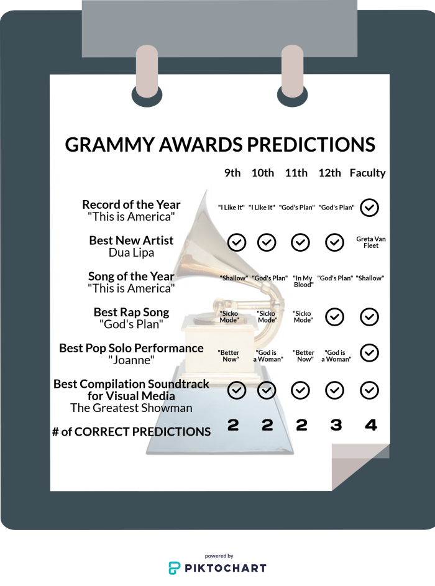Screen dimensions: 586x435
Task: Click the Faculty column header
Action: click(x=367, y=173)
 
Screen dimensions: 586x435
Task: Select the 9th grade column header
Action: click(x=232, y=173)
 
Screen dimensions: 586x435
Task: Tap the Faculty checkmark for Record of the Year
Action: click(x=370, y=207)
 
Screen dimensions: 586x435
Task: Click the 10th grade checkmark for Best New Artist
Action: click(x=267, y=242)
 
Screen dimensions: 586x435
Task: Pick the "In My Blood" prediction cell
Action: click(x=303, y=282)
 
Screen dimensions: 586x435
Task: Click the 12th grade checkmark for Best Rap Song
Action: click(x=335, y=317)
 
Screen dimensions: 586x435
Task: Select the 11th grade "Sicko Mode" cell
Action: click(x=303, y=317)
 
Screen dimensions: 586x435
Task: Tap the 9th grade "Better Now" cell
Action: click(x=229, y=355)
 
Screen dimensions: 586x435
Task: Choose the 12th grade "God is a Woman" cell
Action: click(x=336, y=355)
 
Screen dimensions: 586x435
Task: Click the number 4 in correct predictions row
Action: click(x=371, y=425)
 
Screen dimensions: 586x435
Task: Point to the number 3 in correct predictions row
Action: click(x=336, y=425)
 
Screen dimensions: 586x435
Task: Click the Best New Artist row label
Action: click(x=131, y=240)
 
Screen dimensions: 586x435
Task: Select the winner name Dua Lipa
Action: click(x=131, y=252)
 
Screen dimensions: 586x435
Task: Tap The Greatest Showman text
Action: click(x=131, y=408)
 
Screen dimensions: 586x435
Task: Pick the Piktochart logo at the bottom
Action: click(x=218, y=567)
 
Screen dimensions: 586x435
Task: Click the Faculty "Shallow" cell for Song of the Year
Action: click(x=370, y=278)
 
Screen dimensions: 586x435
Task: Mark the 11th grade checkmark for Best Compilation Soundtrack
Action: click(x=301, y=390)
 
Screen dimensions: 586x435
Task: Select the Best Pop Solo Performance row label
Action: click(x=131, y=348)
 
